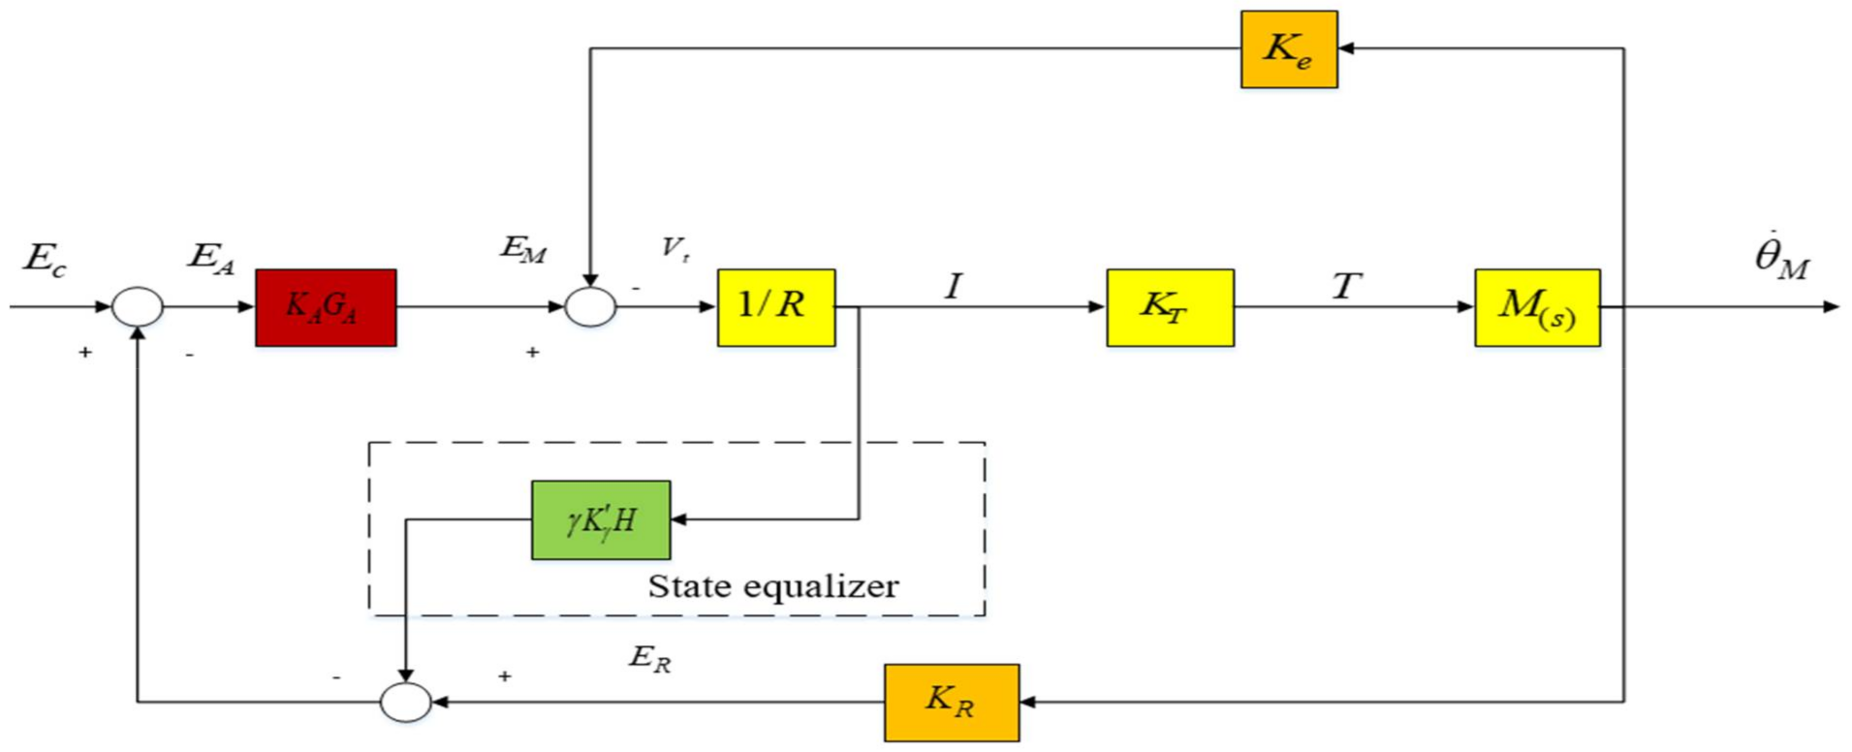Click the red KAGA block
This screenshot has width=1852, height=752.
(x=326, y=307)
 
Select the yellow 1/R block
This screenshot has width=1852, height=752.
(x=775, y=307)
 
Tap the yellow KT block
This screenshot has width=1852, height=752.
(x=1170, y=307)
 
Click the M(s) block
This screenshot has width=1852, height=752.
(x=1537, y=307)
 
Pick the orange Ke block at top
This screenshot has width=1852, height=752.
(x=1289, y=49)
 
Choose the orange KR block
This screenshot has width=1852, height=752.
(x=951, y=702)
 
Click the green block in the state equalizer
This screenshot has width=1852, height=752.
(x=601, y=519)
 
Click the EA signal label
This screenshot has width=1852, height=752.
(x=211, y=259)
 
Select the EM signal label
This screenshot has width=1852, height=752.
(x=523, y=250)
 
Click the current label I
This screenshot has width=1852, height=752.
(x=954, y=286)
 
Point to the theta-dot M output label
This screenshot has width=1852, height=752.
(x=1781, y=258)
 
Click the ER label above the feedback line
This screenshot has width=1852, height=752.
(x=649, y=658)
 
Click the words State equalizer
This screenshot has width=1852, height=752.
(x=772, y=586)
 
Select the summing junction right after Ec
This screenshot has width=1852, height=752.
(x=138, y=307)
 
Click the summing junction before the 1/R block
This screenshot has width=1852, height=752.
(x=590, y=307)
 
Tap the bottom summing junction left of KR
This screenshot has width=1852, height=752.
(x=405, y=702)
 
